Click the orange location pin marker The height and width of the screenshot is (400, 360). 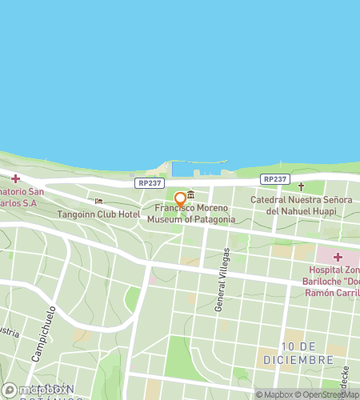[181, 199]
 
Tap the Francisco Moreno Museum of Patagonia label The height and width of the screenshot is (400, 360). [191, 214]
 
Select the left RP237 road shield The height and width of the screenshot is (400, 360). [146, 182]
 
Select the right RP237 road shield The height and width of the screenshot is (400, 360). [274, 179]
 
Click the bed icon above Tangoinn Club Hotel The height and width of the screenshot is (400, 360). [98, 202]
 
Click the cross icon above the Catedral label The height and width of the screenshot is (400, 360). [301, 186]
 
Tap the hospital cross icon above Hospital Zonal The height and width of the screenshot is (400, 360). [337, 257]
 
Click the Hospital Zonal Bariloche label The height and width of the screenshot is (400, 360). [332, 282]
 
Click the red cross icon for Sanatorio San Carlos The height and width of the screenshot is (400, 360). [15, 178]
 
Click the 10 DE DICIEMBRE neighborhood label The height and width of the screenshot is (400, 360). [298, 353]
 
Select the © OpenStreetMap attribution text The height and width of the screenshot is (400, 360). [327, 394]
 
